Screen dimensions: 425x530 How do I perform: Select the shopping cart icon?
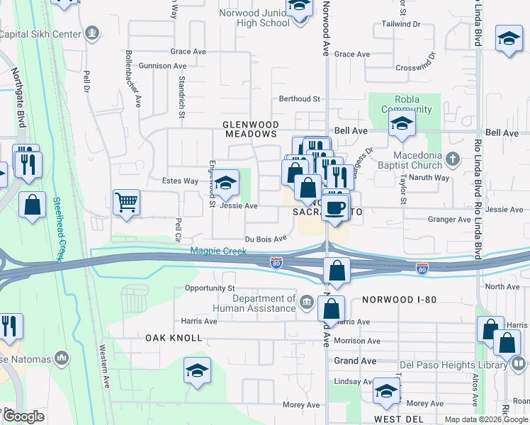[x=126, y=203]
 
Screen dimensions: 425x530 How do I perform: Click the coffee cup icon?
[x=337, y=208]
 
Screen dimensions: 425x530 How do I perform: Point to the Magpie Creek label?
[x=218, y=251]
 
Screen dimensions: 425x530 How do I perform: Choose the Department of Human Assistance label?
[x=254, y=304]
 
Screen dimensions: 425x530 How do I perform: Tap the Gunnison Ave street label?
[x=162, y=66]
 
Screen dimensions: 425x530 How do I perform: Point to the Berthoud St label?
[x=300, y=98]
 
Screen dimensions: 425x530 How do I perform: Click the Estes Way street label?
[x=180, y=181]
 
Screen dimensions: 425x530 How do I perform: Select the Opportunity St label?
[x=209, y=288]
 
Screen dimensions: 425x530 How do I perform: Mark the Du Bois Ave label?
[x=266, y=239]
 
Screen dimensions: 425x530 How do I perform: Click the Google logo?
[x=23, y=416]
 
